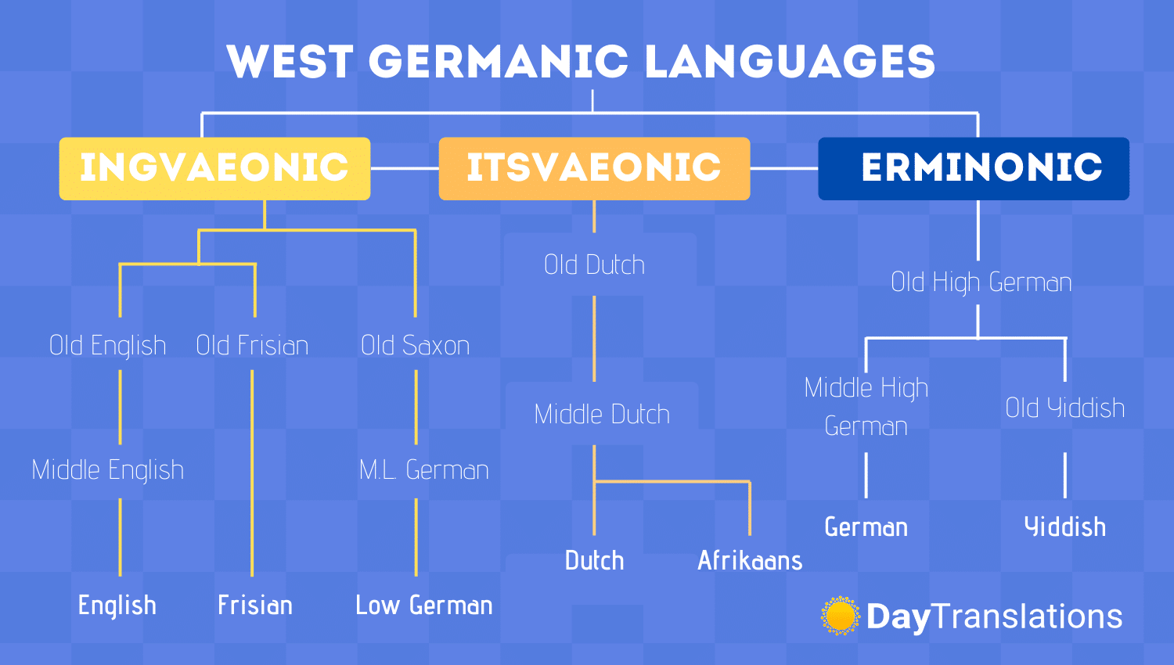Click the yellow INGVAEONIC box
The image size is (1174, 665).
(x=215, y=168)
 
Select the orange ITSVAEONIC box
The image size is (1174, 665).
(x=594, y=168)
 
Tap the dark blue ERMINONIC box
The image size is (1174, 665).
(x=974, y=168)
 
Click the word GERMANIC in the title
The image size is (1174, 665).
(x=499, y=61)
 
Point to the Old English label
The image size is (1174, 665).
(x=107, y=346)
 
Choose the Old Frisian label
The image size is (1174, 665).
(x=252, y=345)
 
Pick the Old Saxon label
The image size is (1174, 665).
(x=415, y=345)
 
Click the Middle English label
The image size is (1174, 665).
(x=107, y=470)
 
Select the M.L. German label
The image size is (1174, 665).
(x=423, y=469)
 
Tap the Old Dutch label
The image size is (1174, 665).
(x=594, y=264)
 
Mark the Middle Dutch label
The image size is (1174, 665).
(x=602, y=414)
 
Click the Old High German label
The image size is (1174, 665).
(x=981, y=282)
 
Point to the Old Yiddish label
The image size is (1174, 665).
(x=1065, y=408)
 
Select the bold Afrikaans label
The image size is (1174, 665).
(x=750, y=560)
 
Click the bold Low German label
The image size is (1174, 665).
(x=424, y=606)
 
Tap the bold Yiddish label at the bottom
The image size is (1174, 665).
(x=1065, y=527)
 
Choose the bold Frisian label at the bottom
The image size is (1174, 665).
(x=255, y=606)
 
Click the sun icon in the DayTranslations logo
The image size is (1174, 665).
(x=840, y=615)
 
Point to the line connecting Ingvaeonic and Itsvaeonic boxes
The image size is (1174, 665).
(x=405, y=168)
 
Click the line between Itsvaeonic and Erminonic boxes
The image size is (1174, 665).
(x=784, y=168)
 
